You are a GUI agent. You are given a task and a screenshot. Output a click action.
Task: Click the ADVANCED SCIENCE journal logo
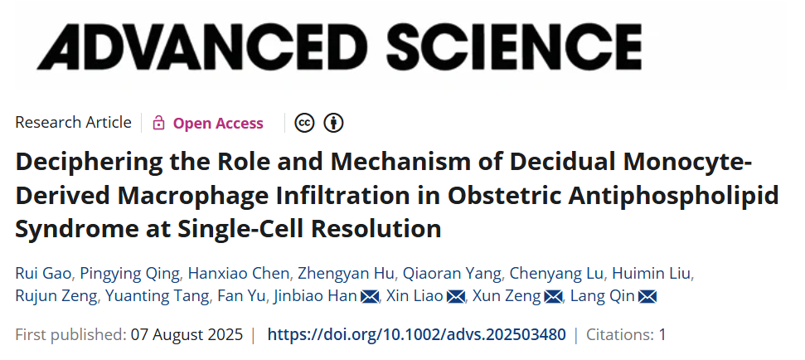tap(339, 42)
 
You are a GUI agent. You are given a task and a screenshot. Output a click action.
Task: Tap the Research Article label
tap(73, 123)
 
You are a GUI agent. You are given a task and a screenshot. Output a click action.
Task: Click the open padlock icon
tap(158, 124)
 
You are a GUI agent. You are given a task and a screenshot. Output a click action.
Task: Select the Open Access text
tap(218, 124)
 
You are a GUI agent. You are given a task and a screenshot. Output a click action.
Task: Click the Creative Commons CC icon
tap(304, 124)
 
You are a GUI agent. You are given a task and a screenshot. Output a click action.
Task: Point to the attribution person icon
tap(333, 124)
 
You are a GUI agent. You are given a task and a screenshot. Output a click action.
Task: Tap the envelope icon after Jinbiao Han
tap(370, 296)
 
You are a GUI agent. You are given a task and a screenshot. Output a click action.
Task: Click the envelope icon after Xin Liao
tap(456, 296)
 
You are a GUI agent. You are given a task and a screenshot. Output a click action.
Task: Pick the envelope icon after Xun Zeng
tap(553, 296)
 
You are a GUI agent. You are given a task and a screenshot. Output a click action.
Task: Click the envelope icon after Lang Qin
tap(647, 296)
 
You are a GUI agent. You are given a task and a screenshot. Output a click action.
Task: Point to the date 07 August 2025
tap(186, 335)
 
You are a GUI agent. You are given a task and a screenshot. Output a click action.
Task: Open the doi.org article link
tap(417, 335)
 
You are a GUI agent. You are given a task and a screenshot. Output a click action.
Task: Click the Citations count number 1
tap(662, 335)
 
